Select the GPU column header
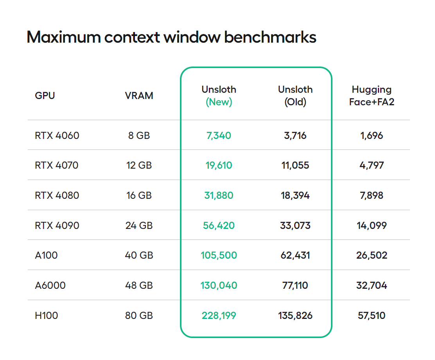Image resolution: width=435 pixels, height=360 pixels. (45, 95)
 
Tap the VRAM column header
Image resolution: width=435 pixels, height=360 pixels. (139, 95)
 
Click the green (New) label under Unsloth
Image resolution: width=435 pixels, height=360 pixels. (219, 102)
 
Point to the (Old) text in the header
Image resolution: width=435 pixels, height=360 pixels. (295, 102)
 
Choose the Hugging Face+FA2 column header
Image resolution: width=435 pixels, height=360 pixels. (371, 96)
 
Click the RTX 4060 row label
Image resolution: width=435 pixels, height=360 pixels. (57, 135)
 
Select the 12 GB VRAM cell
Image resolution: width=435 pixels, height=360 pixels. (139, 165)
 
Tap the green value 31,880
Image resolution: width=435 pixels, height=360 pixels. (219, 195)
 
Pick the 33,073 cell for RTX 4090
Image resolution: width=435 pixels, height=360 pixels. (295, 225)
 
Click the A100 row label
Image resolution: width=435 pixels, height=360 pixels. (46, 255)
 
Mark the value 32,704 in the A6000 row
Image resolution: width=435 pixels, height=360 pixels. (371, 285)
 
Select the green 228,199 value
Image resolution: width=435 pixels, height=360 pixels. (219, 315)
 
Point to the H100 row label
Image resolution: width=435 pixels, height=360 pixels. (46, 315)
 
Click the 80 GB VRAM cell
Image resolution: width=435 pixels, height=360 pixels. (139, 315)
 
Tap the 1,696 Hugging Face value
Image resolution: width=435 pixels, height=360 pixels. (371, 135)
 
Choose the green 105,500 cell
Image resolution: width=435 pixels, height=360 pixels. (219, 255)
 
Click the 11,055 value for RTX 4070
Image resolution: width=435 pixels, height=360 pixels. (295, 165)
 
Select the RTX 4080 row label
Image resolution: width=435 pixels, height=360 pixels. (57, 195)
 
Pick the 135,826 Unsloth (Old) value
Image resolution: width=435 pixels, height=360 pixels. (295, 315)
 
